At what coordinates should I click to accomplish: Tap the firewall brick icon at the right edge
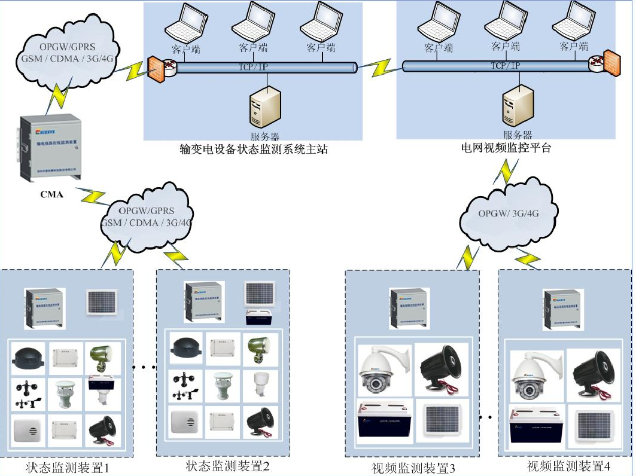click(611, 62)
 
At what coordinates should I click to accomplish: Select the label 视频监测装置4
click(568, 465)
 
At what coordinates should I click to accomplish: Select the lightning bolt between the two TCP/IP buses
click(380, 68)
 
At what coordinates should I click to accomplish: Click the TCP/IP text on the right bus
click(506, 66)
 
